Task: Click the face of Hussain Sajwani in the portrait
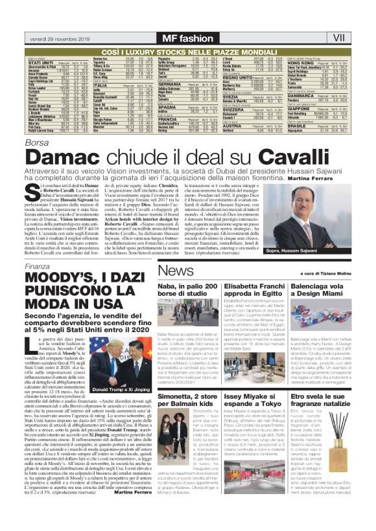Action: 330,198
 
